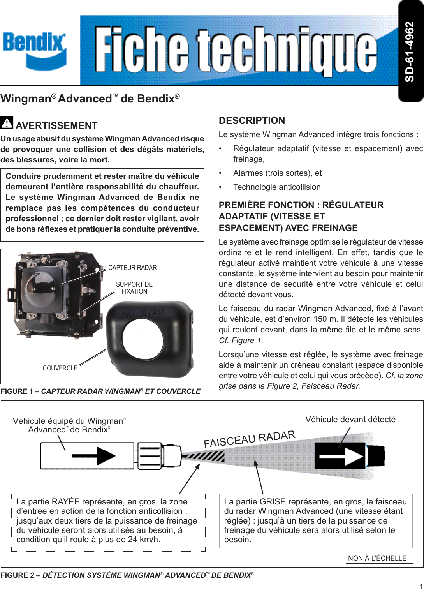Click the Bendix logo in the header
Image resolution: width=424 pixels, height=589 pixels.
[34, 50]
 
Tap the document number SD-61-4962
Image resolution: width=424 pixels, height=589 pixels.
[410, 51]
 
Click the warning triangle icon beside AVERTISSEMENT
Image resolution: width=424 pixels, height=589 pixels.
[7, 123]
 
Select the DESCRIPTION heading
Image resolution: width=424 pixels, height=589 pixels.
[252, 121]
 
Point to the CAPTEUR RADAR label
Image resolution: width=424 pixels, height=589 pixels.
[132, 268]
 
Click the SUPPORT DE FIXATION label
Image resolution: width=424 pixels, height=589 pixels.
[134, 288]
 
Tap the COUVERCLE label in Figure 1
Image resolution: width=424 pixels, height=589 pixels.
[60, 368]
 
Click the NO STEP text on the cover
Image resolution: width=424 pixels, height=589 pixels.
[143, 314]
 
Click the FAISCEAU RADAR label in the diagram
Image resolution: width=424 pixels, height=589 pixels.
[250, 439]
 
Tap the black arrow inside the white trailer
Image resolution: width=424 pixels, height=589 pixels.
[93, 456]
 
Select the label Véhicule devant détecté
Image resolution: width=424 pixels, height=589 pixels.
[350, 420]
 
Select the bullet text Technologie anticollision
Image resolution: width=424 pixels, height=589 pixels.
[278, 187]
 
